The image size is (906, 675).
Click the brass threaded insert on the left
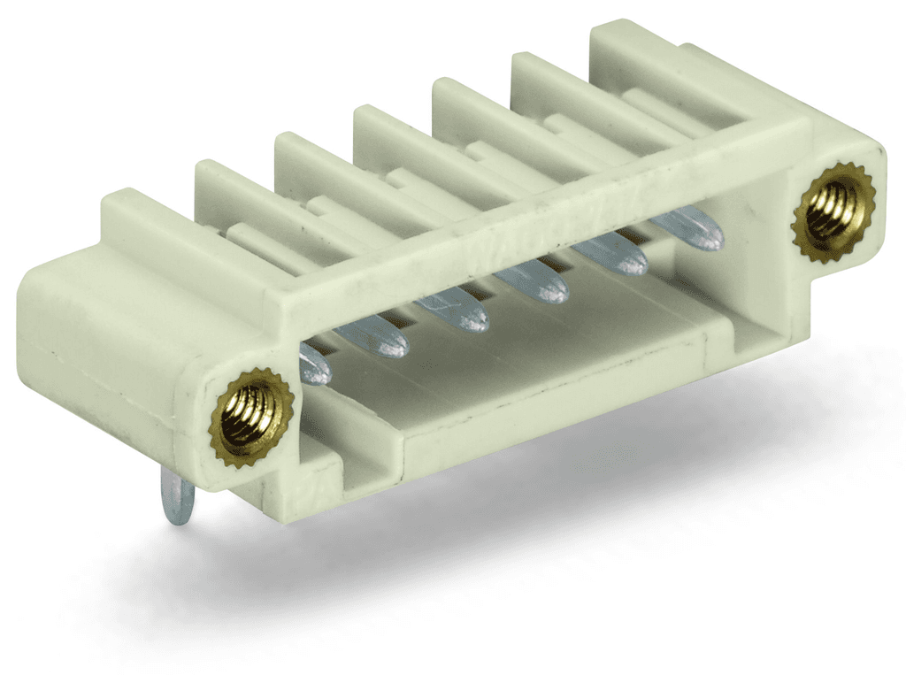tap(251, 417)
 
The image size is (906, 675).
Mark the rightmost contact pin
tap(690, 229)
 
